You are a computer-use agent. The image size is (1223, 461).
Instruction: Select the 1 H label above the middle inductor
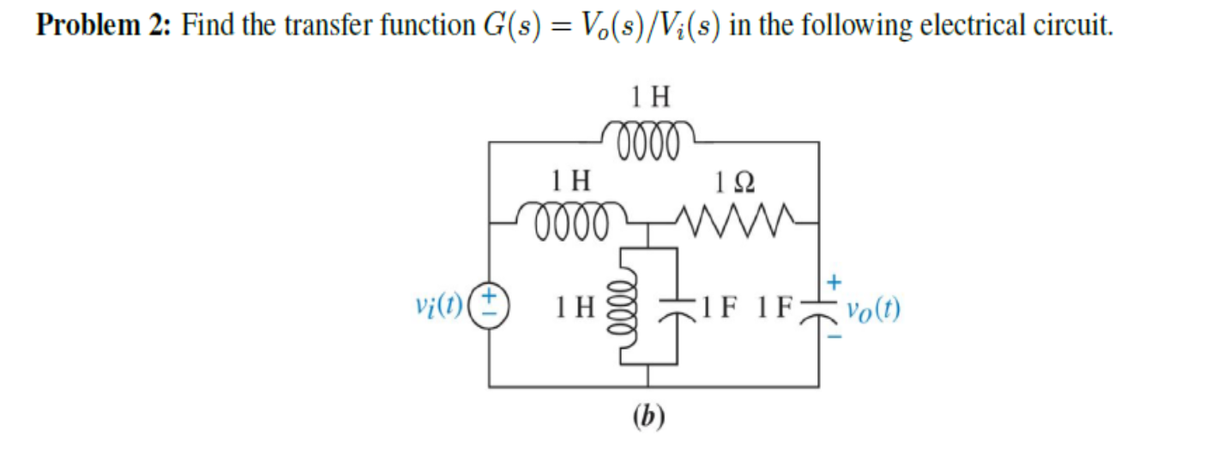pyautogui.click(x=570, y=180)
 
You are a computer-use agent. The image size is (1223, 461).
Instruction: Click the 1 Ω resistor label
pyautogui.click(x=734, y=181)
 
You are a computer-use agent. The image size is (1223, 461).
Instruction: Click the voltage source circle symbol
pyautogui.click(x=491, y=305)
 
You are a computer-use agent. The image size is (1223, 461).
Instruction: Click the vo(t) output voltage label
pyautogui.click(x=873, y=309)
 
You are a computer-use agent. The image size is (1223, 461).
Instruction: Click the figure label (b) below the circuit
pyautogui.click(x=648, y=416)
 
